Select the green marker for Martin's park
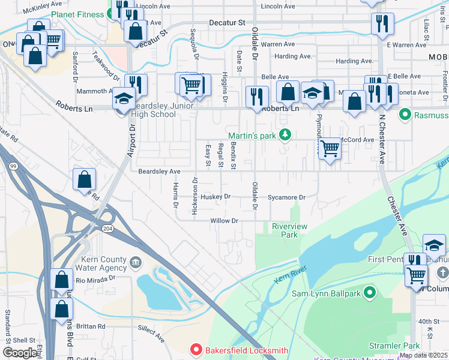click(286, 135)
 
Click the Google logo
click(20, 352)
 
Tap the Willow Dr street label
click(224, 221)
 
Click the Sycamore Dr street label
click(286, 197)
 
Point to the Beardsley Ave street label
click(159, 172)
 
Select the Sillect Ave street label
click(151, 334)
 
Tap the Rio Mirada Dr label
click(94, 278)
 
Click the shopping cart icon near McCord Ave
click(330, 148)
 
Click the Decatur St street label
click(227, 22)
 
